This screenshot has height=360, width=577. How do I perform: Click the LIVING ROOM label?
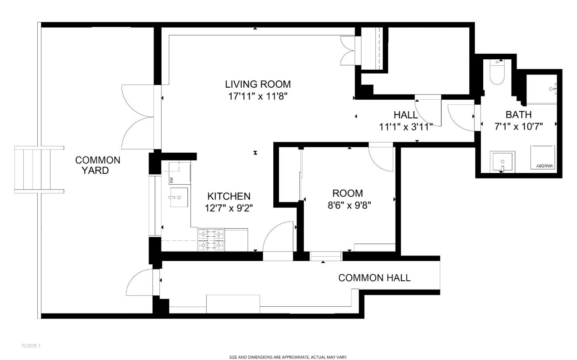click(x=258, y=84)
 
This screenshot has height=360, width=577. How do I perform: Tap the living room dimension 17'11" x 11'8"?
click(x=258, y=97)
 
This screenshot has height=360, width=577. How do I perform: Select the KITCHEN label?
click(x=229, y=196)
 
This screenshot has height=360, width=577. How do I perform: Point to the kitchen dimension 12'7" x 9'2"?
click(x=229, y=208)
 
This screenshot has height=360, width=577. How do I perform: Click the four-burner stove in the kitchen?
click(x=211, y=239)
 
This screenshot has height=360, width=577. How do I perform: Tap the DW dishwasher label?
click(x=171, y=180)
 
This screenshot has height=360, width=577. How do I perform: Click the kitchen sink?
click(x=179, y=197)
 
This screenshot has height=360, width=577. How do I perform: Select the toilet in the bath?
click(x=497, y=72)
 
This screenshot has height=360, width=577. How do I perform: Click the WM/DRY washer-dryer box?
click(x=543, y=157)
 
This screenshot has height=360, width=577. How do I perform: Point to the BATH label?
click(x=518, y=115)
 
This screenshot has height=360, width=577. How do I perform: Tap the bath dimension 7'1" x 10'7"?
click(x=518, y=127)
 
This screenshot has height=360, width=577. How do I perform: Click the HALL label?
click(x=406, y=115)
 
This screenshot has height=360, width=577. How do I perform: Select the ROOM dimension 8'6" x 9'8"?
click(x=349, y=205)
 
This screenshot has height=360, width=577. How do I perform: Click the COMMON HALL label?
click(x=374, y=278)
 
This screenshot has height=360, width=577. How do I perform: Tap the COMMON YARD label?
click(x=98, y=165)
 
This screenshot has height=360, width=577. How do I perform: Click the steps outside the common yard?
click(x=39, y=169)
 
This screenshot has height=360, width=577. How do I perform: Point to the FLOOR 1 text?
click(x=31, y=346)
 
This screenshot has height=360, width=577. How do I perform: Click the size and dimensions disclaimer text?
click(x=288, y=357)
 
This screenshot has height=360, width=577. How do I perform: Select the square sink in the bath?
click(x=502, y=162)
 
